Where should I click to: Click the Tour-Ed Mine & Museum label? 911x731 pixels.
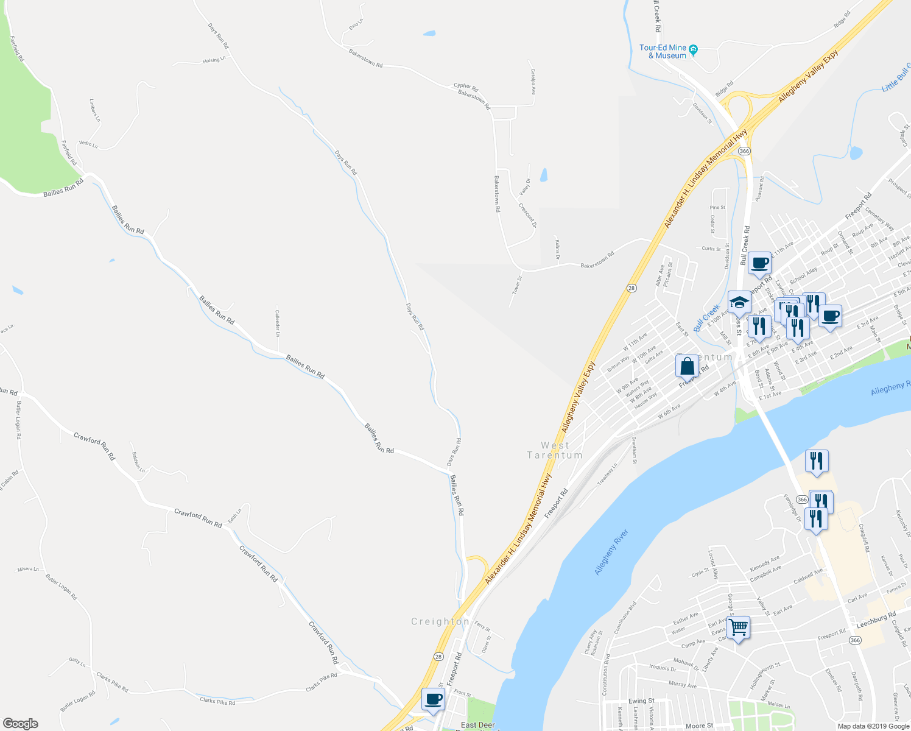[663, 51]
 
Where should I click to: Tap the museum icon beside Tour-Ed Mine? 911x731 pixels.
[693, 49]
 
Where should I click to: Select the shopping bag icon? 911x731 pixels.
[687, 367]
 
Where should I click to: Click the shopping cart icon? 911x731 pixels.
[738, 627]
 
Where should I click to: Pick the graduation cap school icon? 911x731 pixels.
[739, 302]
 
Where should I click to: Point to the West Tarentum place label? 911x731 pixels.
[555, 450]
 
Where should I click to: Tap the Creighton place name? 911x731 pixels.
[440, 621]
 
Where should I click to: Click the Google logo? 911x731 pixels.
[20, 723]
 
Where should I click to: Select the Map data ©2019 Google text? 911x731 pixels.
[872, 726]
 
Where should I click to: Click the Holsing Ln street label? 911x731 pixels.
[214, 60]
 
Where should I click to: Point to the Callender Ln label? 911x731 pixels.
[277, 323]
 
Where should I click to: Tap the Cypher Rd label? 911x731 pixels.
[466, 87]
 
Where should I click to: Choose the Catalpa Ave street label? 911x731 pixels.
[533, 81]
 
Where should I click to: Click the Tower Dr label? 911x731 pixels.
[516, 286]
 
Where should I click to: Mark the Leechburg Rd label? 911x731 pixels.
[876, 620]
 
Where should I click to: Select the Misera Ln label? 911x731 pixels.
[28, 569]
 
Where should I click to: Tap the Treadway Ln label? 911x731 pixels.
[607, 474]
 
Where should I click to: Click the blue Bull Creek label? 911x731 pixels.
[706, 318]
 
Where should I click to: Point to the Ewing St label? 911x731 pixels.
[641, 701]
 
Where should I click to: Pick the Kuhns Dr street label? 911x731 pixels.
[557, 249]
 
